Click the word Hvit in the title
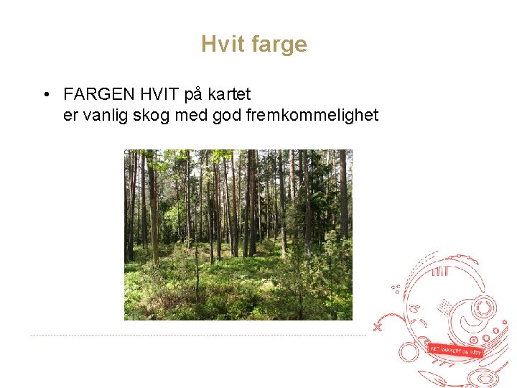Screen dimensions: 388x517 [221, 45]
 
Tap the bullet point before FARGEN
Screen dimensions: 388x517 [45, 95]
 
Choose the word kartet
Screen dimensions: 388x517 [228, 94]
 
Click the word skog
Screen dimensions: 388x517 [154, 115]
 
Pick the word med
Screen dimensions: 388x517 [192, 115]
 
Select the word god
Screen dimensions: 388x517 [228, 115]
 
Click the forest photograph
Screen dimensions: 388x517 [238, 234]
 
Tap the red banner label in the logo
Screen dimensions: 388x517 [455, 350]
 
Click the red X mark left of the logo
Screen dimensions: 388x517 [378, 326]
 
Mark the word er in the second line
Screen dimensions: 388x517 [70, 115]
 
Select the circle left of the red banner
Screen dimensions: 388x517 [410, 351]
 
